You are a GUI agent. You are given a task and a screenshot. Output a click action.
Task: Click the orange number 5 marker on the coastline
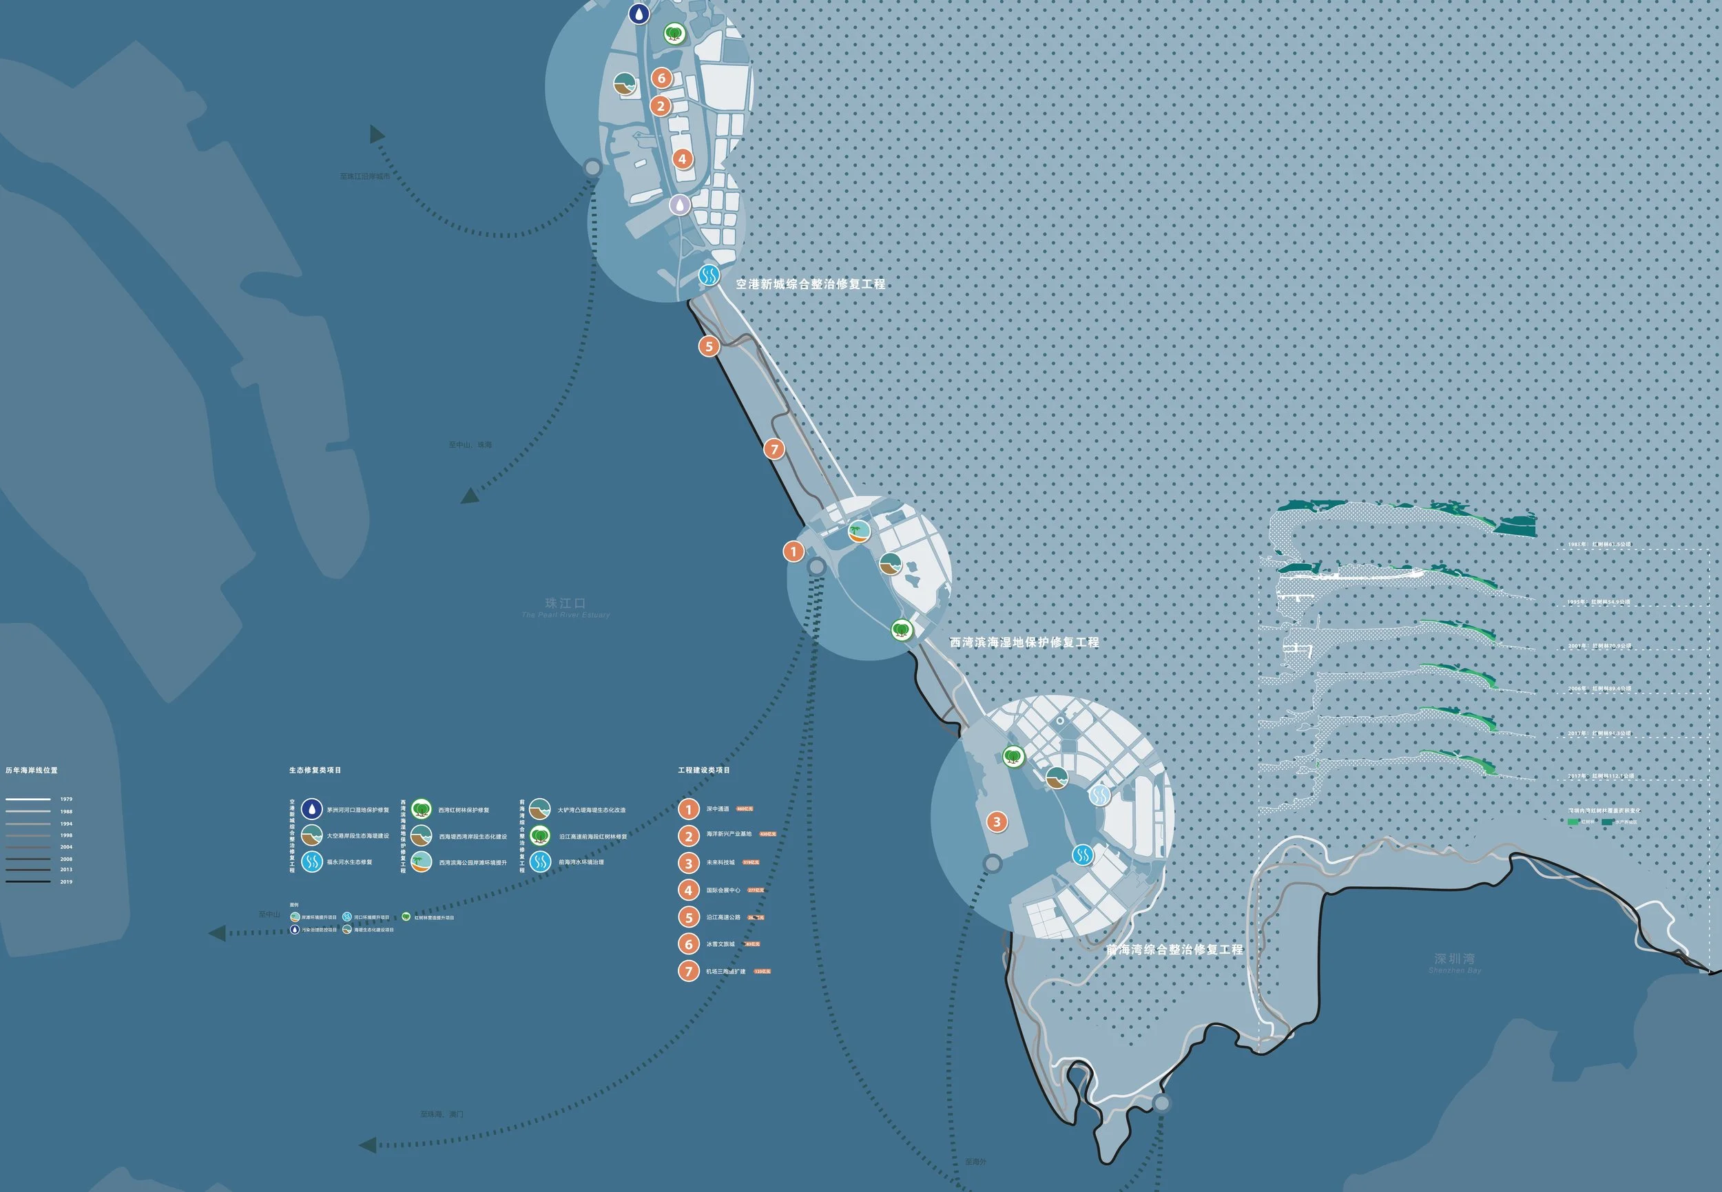709,346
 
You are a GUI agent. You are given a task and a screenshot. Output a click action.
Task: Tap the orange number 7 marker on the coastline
774,449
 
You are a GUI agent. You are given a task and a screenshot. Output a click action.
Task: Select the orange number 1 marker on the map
793,551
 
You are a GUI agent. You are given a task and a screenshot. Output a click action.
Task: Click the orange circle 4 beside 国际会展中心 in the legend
688,890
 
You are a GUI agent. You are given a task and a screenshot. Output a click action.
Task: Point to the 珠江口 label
565,603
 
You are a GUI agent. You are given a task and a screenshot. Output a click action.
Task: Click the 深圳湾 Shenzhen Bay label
1454,959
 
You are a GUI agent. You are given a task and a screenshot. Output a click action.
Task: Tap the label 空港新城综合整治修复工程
810,284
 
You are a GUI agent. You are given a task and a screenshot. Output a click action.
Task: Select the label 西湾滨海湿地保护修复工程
1024,642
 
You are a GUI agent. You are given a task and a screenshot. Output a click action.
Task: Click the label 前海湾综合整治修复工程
1174,950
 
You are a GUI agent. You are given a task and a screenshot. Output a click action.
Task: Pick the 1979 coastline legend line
28,799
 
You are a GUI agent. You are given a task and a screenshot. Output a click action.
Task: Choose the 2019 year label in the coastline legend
67,882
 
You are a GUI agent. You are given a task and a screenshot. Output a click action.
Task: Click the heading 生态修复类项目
315,770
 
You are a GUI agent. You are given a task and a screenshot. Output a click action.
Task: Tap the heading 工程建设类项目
704,770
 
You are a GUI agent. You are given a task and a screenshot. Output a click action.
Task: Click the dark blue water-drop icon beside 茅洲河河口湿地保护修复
311,809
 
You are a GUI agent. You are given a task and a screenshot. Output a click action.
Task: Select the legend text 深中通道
717,809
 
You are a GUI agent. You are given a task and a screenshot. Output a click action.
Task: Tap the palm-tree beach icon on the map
859,531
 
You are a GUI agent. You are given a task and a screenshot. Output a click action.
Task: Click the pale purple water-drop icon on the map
679,204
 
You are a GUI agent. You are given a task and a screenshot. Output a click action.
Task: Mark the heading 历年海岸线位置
32,770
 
